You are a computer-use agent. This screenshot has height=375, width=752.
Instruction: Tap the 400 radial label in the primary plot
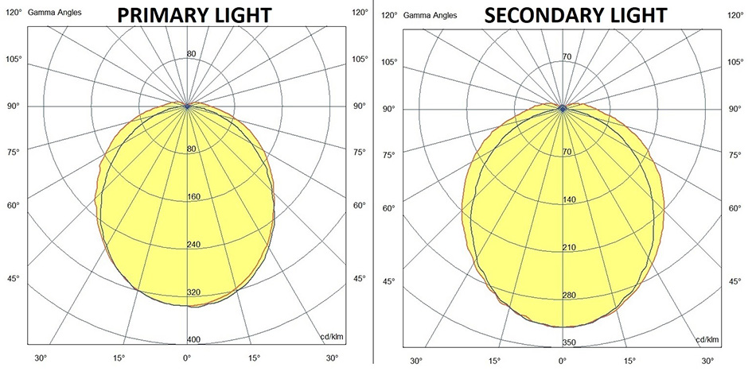click(x=193, y=340)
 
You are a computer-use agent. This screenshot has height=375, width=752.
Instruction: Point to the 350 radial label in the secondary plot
click(x=567, y=342)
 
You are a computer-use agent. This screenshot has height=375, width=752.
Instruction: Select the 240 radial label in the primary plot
click(x=193, y=245)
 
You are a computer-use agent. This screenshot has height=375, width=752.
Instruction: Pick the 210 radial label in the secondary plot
click(x=568, y=248)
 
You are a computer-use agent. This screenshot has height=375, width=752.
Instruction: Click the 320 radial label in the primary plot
click(x=193, y=292)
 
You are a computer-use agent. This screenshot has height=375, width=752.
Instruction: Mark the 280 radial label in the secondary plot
click(x=568, y=296)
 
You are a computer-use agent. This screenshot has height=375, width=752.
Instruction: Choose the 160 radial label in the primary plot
click(x=193, y=197)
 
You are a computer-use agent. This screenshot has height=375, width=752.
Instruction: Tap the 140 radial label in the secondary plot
click(x=568, y=200)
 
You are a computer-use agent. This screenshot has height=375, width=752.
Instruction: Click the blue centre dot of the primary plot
click(x=187, y=106)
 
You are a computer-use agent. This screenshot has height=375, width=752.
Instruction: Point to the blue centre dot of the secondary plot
click(x=563, y=108)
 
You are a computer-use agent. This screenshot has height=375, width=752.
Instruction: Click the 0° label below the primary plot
click(x=186, y=358)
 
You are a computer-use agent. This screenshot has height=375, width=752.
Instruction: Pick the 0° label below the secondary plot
click(x=562, y=361)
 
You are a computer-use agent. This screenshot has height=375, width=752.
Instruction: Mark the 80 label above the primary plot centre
click(x=191, y=54)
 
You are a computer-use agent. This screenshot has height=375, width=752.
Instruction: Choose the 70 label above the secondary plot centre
click(x=567, y=56)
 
